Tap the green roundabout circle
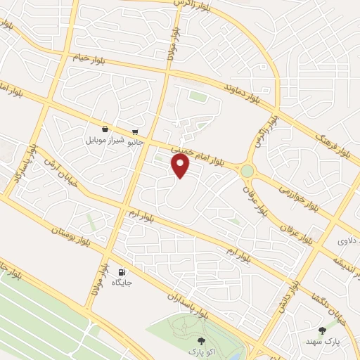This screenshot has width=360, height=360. coord(247,171)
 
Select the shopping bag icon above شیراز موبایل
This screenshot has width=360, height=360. coord(105,129)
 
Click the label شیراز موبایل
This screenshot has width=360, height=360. coord(105,140)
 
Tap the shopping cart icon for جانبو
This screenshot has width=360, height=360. coord(134,131)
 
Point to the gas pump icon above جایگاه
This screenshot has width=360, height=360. coord(122,272)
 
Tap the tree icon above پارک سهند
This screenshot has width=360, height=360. coord(323,330)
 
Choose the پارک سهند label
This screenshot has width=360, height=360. coord(324,340)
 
